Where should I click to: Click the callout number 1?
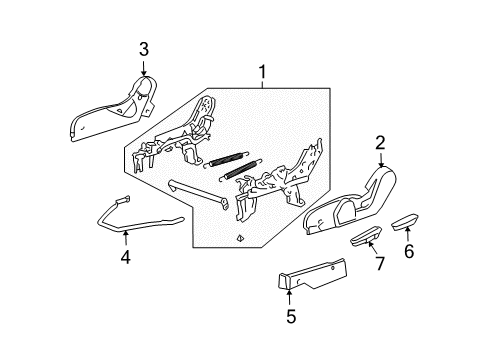click(262, 73)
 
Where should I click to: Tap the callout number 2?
click(380, 143)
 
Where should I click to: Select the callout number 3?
click(143, 49)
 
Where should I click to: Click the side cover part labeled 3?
click(110, 110)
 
